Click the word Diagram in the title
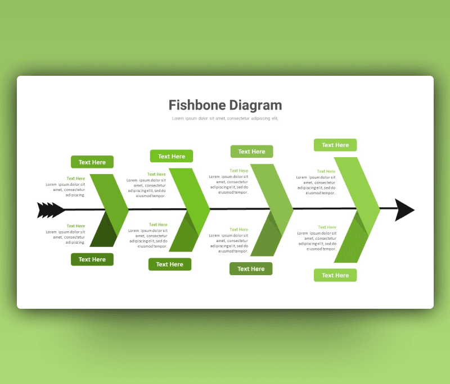[x=255, y=106]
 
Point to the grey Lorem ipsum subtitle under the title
[x=225, y=118]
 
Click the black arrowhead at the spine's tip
[x=404, y=210]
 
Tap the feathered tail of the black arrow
[x=51, y=210]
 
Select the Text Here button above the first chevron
[x=92, y=162]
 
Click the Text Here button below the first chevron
[x=92, y=259]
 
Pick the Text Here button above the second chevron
[x=172, y=156]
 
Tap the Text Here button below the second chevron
[x=170, y=264]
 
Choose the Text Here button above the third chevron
[x=251, y=152]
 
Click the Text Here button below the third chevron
[x=251, y=268]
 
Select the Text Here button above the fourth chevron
[x=335, y=145]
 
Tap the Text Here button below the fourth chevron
[x=335, y=275]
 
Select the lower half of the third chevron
[x=266, y=237]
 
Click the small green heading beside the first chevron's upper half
[x=76, y=179]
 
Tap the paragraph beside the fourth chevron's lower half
[x=317, y=241]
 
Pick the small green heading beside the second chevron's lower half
[x=158, y=225]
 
